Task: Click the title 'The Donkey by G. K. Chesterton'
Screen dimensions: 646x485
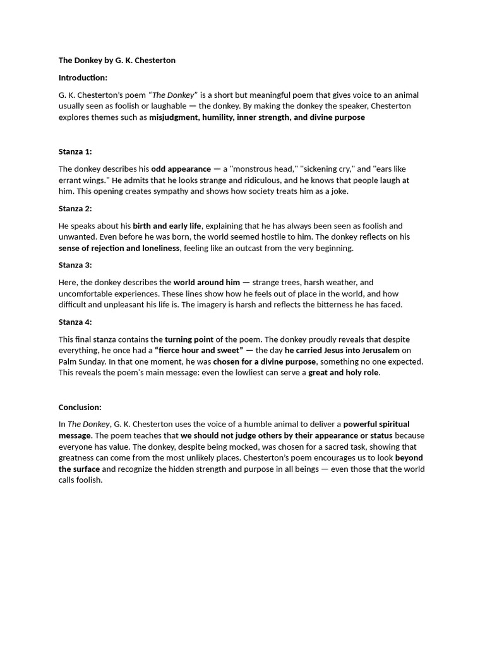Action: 117,61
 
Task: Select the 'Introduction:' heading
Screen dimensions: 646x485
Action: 83,78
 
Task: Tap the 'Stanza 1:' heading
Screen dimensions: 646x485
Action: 75,151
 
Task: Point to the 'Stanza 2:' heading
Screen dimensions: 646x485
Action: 75,208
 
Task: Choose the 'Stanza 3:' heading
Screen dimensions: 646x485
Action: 75,265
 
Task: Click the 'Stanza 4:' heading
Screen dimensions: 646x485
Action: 75,322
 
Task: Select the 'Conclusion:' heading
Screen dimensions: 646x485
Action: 80,407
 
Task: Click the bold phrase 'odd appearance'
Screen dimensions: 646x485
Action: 181,169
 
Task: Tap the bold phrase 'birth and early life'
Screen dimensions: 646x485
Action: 167,226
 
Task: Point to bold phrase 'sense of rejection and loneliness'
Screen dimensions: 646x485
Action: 119,248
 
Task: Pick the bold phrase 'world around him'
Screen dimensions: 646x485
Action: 207,283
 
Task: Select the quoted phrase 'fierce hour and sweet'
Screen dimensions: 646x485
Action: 199,350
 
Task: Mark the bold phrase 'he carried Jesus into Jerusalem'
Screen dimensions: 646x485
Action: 342,350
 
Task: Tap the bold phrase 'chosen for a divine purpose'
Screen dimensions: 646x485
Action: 265,361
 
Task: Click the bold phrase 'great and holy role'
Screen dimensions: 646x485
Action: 344,373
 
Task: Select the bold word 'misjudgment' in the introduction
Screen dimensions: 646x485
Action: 173,117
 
